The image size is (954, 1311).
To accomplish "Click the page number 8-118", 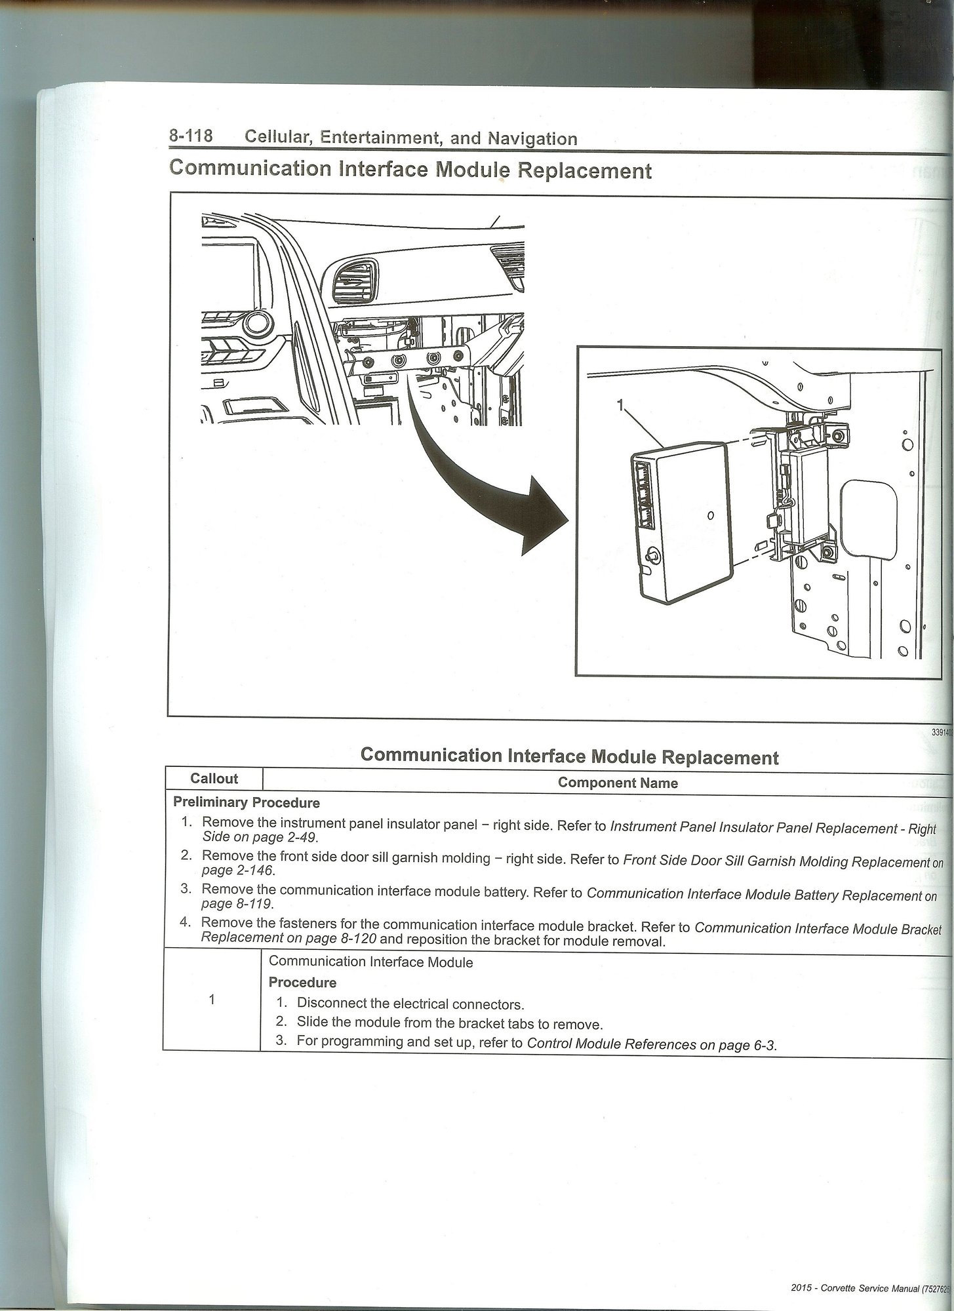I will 191,136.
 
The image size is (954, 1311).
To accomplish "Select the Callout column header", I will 214,779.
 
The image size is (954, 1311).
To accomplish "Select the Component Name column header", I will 617,783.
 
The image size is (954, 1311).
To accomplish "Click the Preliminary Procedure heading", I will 246,802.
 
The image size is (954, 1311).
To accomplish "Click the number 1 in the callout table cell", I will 211,1000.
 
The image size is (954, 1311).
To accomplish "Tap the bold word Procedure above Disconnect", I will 302,982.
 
